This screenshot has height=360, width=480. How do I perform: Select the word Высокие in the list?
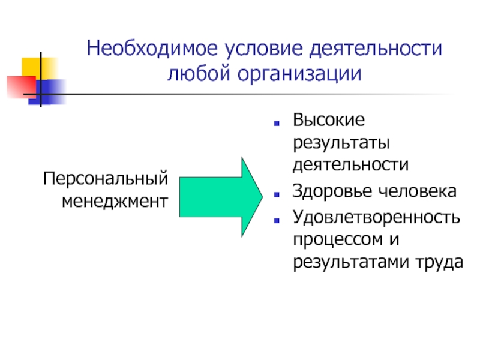click(x=328, y=120)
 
